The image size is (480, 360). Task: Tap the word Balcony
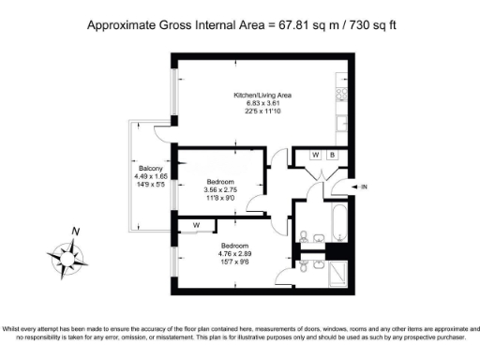(152, 169)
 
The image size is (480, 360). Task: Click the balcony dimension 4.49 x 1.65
(152, 177)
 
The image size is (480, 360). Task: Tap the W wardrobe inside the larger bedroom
(197, 225)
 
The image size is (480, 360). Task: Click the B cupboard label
(332, 155)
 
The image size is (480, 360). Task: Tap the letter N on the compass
(76, 232)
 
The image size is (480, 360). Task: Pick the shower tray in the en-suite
(339, 273)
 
